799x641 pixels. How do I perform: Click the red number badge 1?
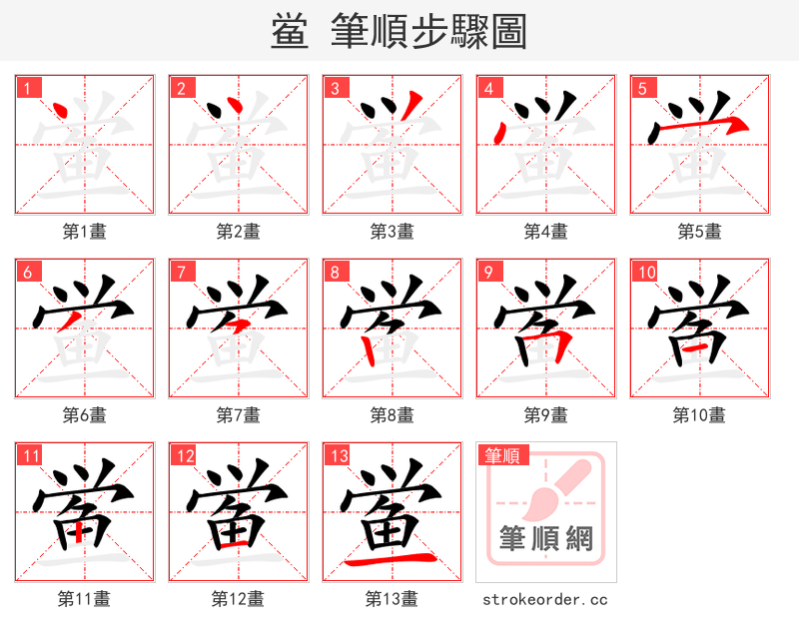(26, 87)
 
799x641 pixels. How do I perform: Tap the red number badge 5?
(641, 87)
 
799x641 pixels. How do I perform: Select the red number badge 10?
(645, 272)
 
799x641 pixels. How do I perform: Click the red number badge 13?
(338, 456)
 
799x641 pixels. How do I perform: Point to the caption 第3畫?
(392, 232)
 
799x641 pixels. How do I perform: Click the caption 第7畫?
(238, 414)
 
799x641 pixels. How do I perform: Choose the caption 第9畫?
(545, 414)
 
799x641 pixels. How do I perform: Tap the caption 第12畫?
(238, 599)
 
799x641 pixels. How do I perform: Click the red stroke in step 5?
(699, 127)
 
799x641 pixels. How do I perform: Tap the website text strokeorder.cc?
(545, 600)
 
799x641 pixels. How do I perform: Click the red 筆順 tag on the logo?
(502, 456)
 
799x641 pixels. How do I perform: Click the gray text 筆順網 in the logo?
(546, 539)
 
